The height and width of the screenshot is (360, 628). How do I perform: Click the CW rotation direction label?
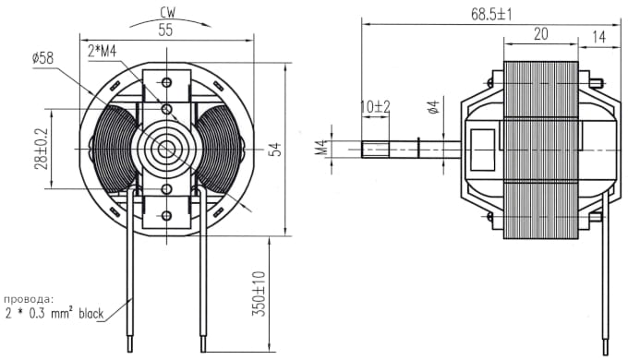[167, 12]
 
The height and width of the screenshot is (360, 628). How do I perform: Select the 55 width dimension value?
[165, 30]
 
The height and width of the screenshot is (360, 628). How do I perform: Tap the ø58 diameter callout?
[42, 58]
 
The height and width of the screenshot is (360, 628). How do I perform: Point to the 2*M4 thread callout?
[103, 52]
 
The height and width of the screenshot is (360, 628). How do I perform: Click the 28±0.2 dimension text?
[41, 149]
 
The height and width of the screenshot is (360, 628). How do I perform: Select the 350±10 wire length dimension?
[259, 294]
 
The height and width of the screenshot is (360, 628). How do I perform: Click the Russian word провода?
[29, 299]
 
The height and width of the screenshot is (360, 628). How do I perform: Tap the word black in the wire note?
[91, 313]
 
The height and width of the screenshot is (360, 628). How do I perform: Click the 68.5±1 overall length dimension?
[491, 15]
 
